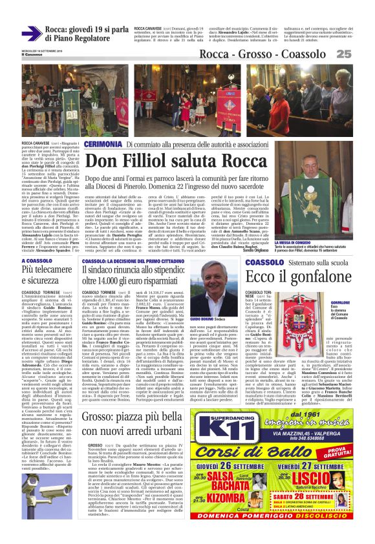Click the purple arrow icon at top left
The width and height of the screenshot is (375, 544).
[32, 32]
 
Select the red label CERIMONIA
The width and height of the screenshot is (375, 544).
[102, 145]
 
